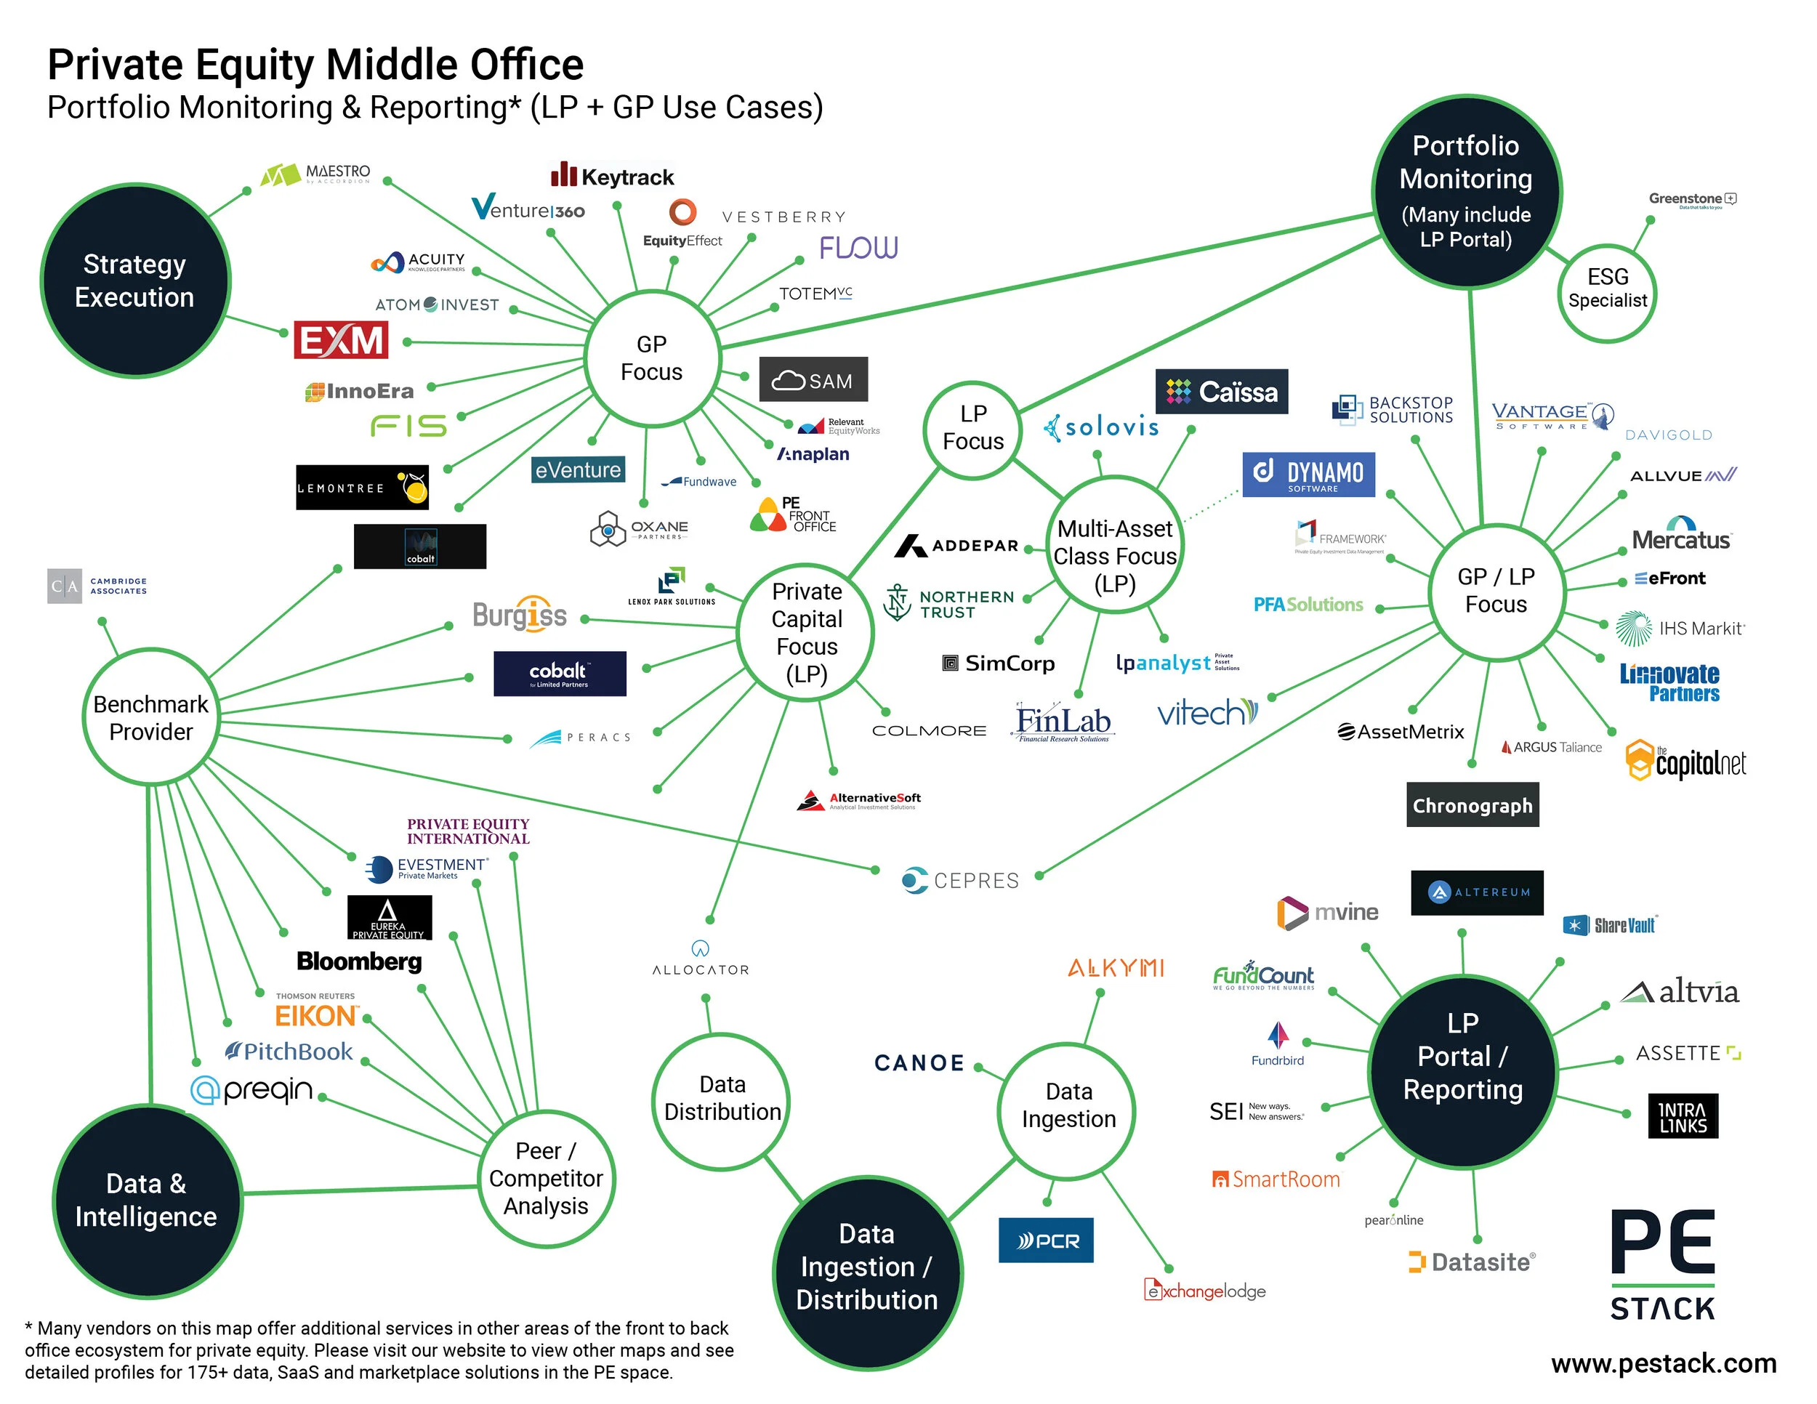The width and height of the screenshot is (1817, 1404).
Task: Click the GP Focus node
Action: click(651, 358)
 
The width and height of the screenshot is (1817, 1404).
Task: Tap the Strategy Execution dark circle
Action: click(134, 281)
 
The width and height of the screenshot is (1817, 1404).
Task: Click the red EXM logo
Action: click(341, 340)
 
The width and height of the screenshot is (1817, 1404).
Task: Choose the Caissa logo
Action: click(1220, 392)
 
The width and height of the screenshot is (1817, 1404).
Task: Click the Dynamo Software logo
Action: click(1308, 474)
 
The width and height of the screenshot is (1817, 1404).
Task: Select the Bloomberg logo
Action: click(360, 961)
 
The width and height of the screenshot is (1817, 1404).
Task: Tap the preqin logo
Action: click(252, 1089)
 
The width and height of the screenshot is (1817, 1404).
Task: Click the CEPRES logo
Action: click(960, 880)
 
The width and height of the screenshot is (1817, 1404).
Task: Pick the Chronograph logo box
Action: click(1472, 804)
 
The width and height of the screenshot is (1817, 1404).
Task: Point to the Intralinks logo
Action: click(1683, 1116)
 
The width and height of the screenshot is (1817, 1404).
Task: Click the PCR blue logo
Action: click(1046, 1240)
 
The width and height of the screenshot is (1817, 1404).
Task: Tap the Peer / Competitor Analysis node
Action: click(546, 1178)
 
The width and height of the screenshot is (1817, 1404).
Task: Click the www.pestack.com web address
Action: click(1663, 1363)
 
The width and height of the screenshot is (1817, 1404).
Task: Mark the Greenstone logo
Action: click(1691, 200)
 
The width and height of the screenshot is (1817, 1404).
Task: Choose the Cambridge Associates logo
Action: click(97, 586)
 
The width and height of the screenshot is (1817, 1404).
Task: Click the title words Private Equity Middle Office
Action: click(315, 65)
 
